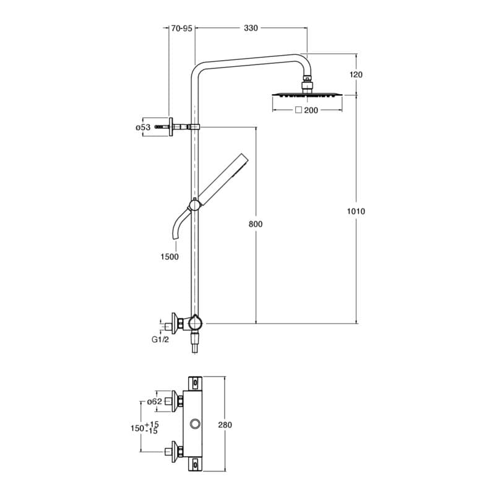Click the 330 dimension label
point(251,28)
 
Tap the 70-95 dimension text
point(182,28)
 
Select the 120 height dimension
point(356,74)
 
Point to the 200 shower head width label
point(311,110)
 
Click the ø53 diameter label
point(143,127)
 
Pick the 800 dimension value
point(256,224)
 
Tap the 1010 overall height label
point(356,212)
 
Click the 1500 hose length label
point(169,257)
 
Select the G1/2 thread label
point(160,339)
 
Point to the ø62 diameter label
point(155,402)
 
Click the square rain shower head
point(306,95)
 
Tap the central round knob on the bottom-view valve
point(196,424)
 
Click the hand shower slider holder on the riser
point(196,204)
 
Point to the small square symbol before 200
point(298,110)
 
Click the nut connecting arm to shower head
point(306,81)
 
